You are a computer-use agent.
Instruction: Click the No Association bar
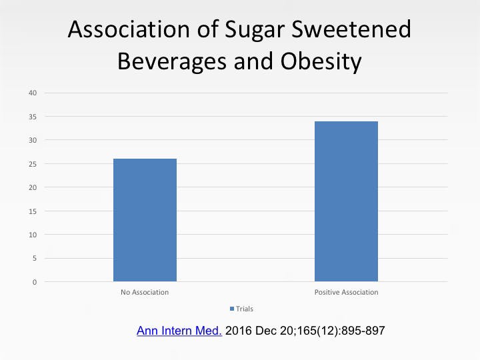[x=145, y=220]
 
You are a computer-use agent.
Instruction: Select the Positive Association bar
[x=346, y=201]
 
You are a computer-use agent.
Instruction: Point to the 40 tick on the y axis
[x=32, y=93]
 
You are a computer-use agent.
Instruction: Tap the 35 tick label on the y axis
[x=32, y=117]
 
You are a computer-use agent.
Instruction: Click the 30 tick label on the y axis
[x=32, y=140]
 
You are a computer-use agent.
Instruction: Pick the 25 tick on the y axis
[x=32, y=164]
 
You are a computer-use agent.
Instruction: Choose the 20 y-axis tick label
[x=32, y=187]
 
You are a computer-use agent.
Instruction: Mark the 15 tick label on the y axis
[x=32, y=211]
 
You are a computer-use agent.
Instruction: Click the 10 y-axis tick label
[x=32, y=235]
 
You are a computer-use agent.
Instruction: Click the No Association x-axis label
[x=145, y=293]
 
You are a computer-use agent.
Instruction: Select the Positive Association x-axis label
[x=346, y=293]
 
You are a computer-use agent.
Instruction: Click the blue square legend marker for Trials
[x=231, y=309]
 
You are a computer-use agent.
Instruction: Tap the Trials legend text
[x=244, y=309]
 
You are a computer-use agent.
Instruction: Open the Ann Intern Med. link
[x=179, y=331]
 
